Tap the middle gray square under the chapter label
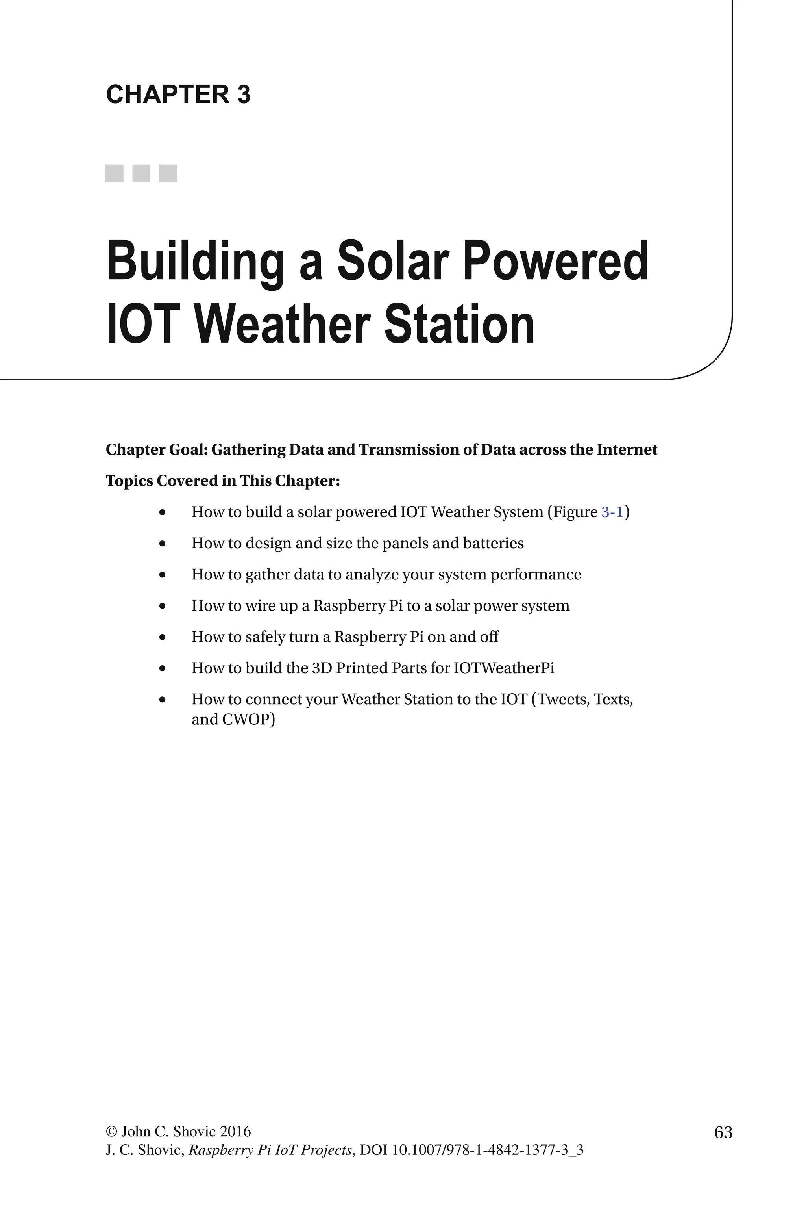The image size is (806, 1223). click(141, 173)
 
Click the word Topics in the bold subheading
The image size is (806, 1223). click(129, 481)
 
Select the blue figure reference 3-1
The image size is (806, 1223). click(612, 512)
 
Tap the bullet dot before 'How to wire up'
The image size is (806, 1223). click(163, 606)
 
